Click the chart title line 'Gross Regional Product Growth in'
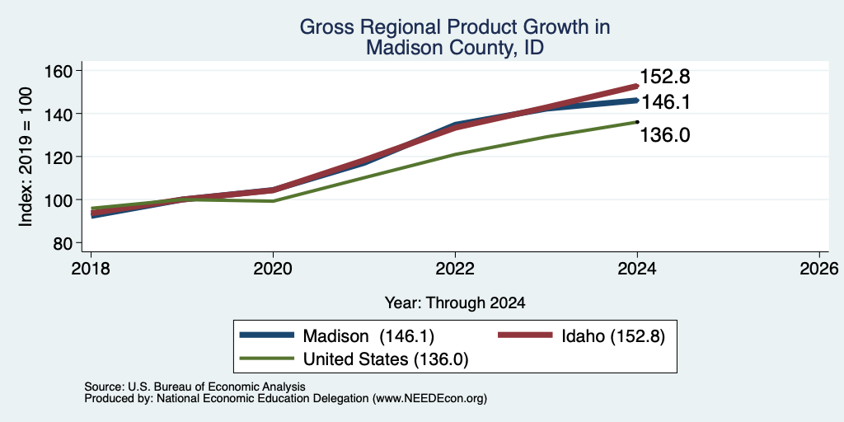[x=455, y=27]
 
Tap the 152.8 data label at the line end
[x=665, y=77]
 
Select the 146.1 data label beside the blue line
[x=665, y=101]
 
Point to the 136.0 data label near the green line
[x=665, y=135]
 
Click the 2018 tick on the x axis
[x=91, y=269]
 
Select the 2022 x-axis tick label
[x=455, y=269]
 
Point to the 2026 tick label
[x=819, y=269]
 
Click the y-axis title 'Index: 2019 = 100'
[x=26, y=157]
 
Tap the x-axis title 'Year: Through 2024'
[x=455, y=303]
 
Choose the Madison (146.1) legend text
[x=368, y=336]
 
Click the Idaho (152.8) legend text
[x=613, y=336]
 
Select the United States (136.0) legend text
[x=386, y=359]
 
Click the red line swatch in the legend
[x=525, y=335]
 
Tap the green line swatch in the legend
[x=267, y=359]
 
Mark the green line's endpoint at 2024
[x=637, y=122]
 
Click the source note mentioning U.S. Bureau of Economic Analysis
[x=195, y=387]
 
